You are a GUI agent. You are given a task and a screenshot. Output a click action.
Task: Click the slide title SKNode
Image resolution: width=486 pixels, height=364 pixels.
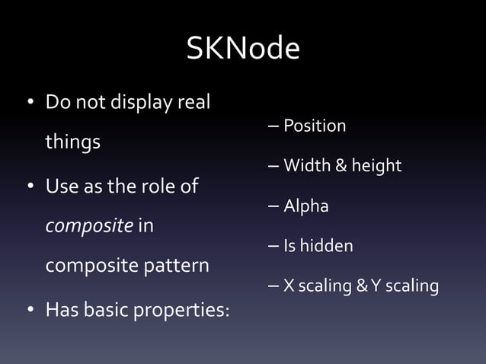coord(243,49)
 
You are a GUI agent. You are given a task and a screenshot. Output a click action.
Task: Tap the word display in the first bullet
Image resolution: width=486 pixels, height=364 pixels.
coord(138,102)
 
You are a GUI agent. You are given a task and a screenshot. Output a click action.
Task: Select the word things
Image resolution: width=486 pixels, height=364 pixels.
coord(73,143)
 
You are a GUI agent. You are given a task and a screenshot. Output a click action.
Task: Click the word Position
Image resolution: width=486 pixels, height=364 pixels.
coord(315,126)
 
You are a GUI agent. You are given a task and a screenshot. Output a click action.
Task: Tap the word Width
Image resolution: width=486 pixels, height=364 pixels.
coord(306,165)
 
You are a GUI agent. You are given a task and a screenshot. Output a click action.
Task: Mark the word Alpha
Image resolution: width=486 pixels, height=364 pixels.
coord(306,206)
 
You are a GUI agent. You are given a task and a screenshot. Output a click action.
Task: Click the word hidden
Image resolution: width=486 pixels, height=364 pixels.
coord(328,246)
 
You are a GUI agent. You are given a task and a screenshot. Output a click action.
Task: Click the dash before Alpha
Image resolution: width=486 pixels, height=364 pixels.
coord(273,206)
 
